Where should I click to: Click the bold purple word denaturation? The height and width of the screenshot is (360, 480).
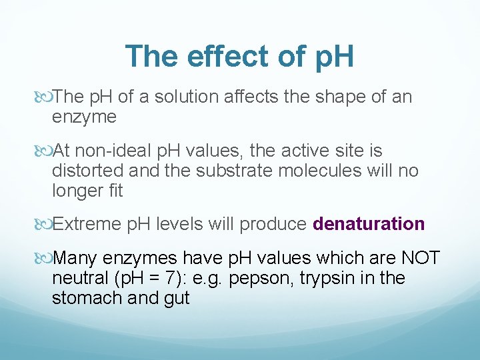pos(369,224)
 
